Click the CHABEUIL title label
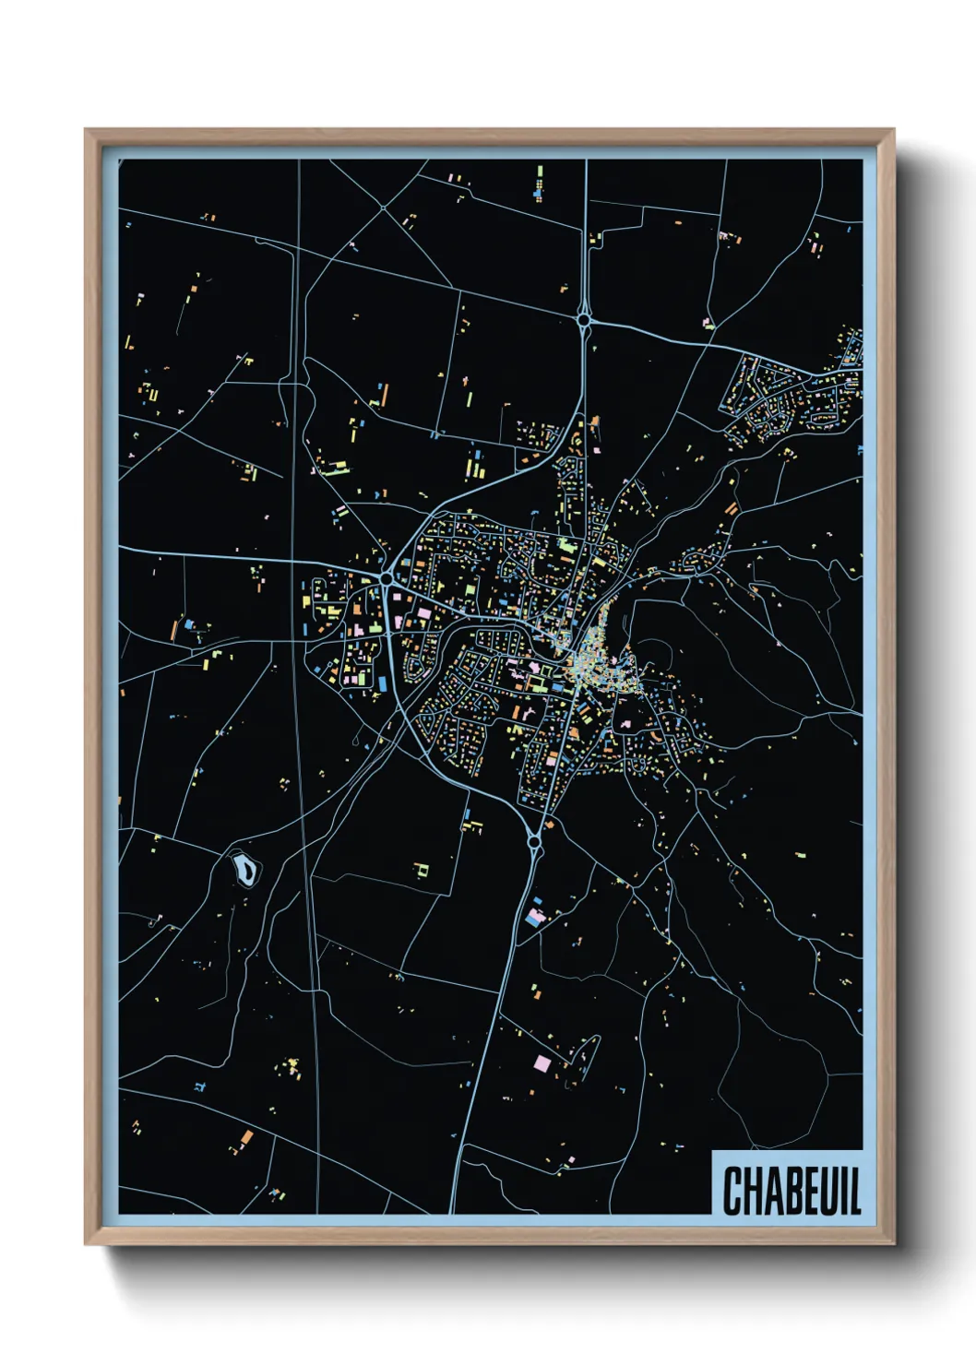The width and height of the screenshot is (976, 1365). pyautogui.click(x=791, y=1190)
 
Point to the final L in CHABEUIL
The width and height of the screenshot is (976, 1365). pyautogui.click(x=855, y=1191)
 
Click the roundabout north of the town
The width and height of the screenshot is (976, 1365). pyautogui.click(x=584, y=320)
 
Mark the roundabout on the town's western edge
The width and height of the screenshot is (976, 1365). pyautogui.click(x=387, y=578)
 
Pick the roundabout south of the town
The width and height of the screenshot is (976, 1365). pyautogui.click(x=533, y=841)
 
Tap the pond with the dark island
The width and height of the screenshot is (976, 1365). pyautogui.click(x=245, y=868)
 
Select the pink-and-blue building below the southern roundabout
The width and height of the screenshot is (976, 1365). pyautogui.click(x=536, y=916)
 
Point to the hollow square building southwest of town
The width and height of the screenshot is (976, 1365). pyautogui.click(x=422, y=869)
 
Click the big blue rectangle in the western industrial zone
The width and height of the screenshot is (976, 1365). pyautogui.click(x=379, y=681)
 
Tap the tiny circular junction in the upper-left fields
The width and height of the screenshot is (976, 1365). pyautogui.click(x=383, y=208)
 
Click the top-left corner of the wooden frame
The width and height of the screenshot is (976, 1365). pyautogui.click(x=86, y=131)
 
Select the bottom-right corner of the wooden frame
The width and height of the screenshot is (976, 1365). pyautogui.click(x=893, y=1243)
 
